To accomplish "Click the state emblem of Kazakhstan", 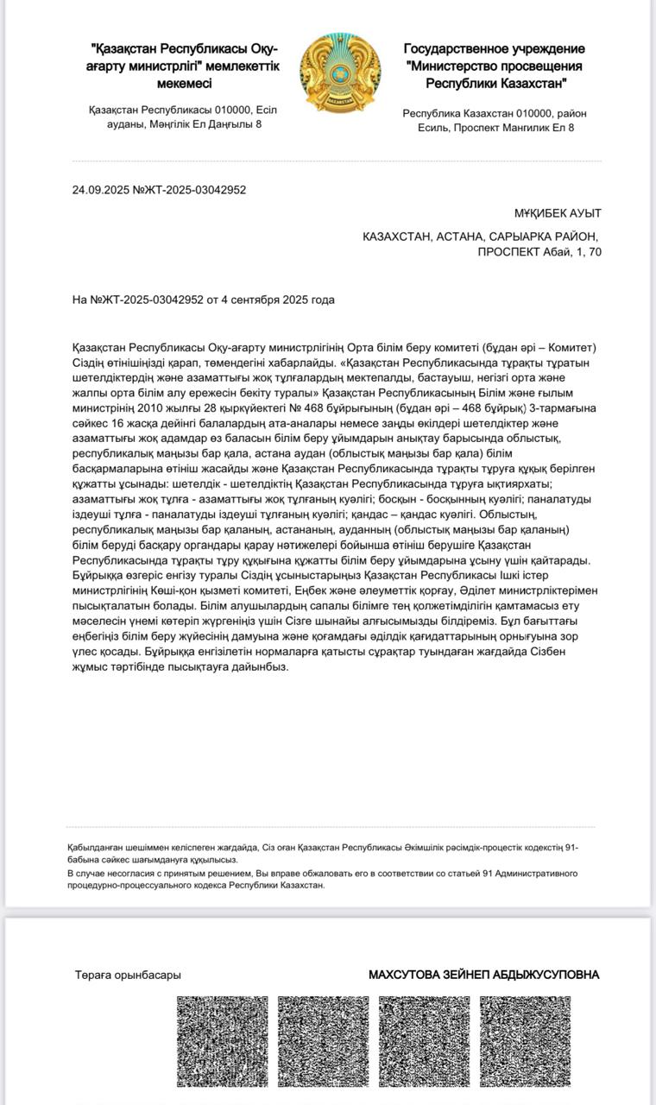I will click(340, 73).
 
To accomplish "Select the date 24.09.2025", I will click(101, 190).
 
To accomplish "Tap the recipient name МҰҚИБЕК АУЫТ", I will click(558, 213).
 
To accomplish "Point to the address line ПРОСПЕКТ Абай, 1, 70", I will click(539, 252).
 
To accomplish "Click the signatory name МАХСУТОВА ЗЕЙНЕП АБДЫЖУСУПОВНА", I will click(483, 975).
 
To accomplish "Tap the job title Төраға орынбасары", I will click(128, 975).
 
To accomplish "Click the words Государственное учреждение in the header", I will click(494, 49).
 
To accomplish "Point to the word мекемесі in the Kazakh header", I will click(185, 84).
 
